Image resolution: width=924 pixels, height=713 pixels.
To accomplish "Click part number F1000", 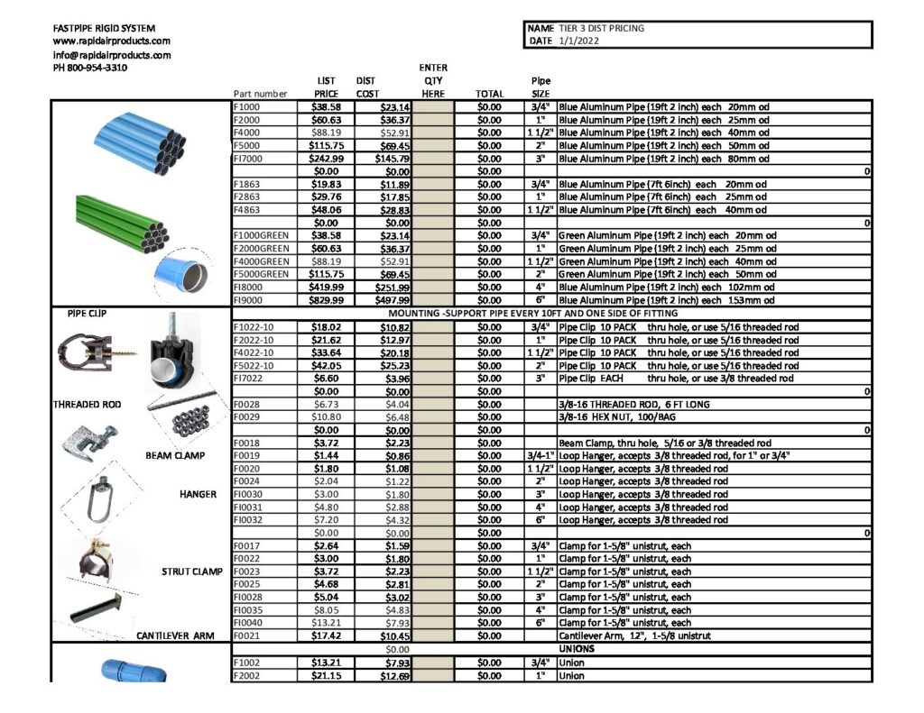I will coord(246,107).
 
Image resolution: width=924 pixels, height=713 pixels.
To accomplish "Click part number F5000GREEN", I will coord(262,274).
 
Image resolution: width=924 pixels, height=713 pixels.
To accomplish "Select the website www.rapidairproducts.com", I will coord(112,41).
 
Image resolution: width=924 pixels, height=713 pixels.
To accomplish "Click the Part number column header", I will coord(260,93).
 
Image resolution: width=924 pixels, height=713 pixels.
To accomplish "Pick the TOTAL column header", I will coord(489,93).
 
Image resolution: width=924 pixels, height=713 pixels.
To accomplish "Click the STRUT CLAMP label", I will coord(191,571).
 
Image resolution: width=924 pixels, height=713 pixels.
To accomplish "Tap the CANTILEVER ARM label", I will coord(175,635).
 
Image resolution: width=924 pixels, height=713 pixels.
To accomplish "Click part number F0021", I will coord(246,635).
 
